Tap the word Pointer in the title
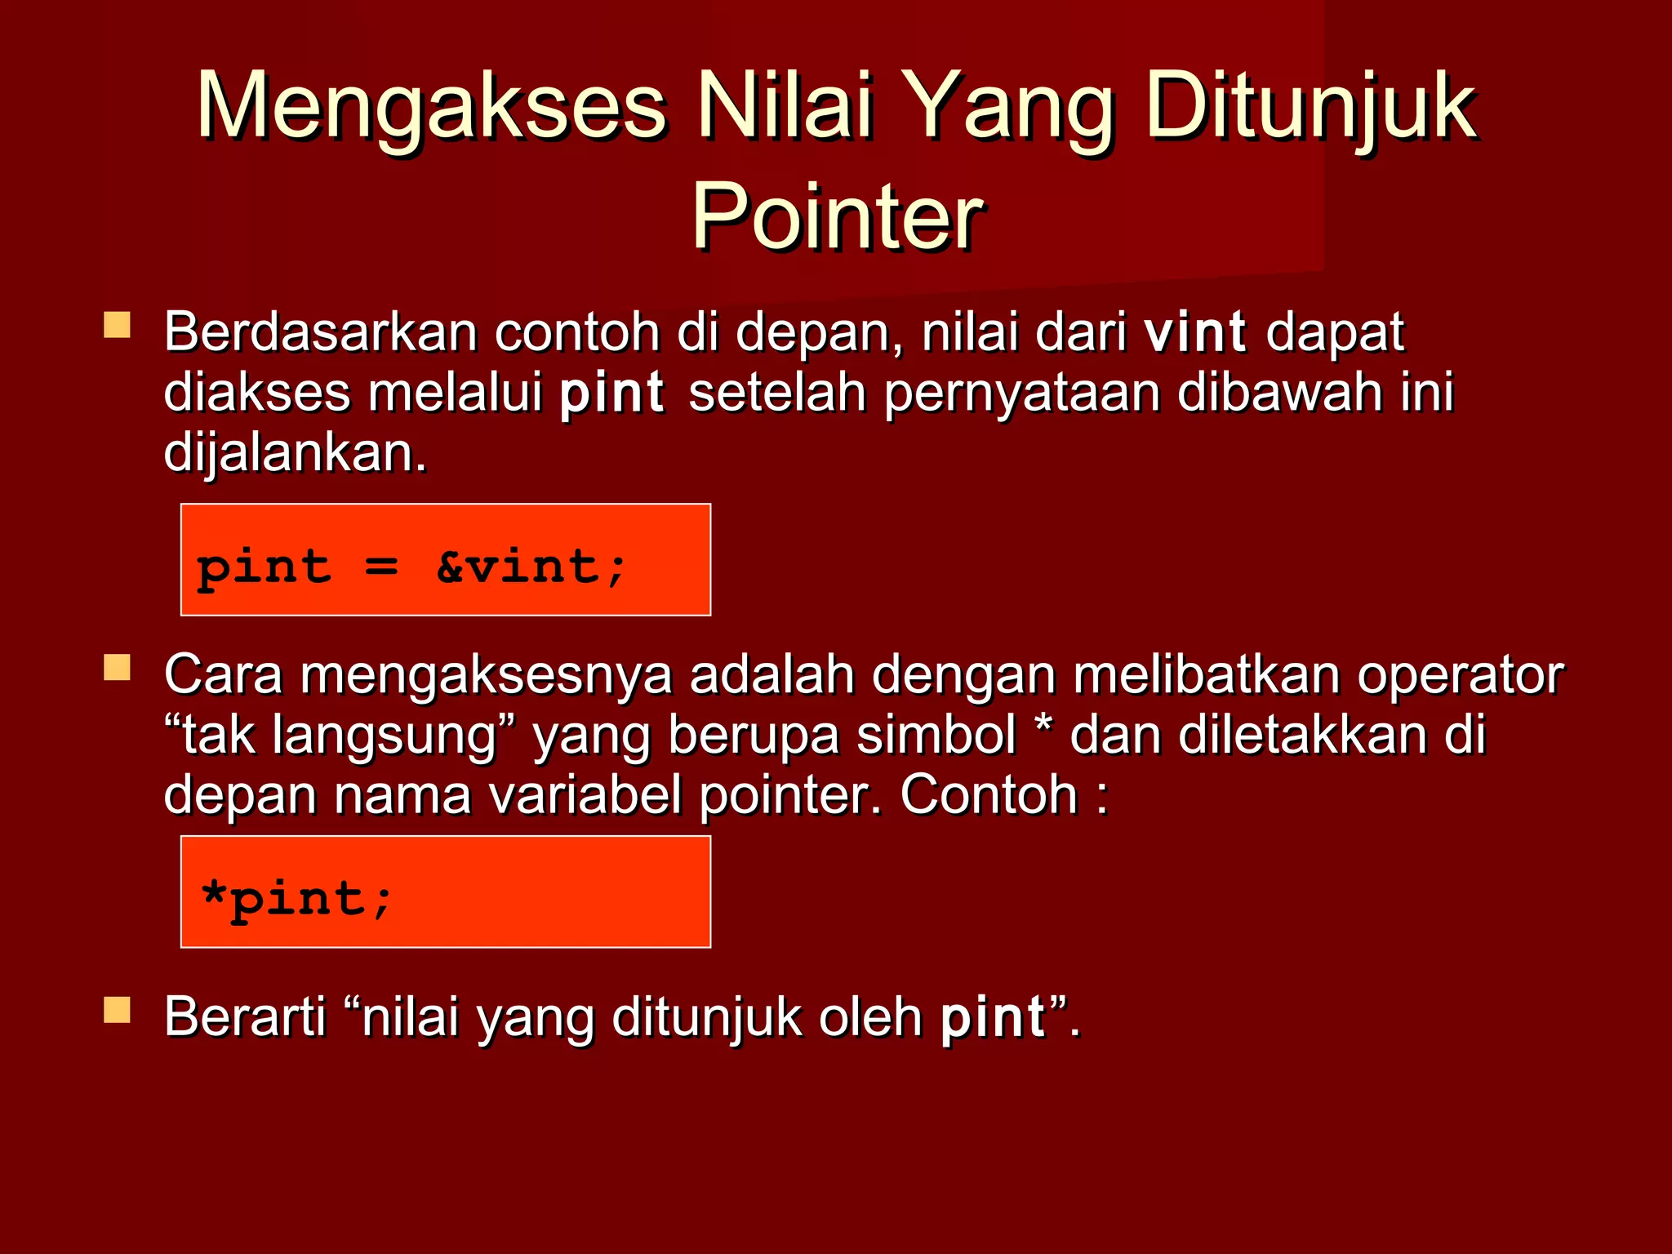tap(836, 216)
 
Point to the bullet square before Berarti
tap(118, 1010)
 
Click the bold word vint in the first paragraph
tap(1194, 333)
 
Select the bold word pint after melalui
tap(611, 394)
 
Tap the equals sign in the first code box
tap(381, 567)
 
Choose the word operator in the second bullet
tap(1460, 675)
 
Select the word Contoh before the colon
tap(989, 794)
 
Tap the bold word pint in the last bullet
tap(993, 1018)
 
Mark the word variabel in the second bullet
tap(585, 794)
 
